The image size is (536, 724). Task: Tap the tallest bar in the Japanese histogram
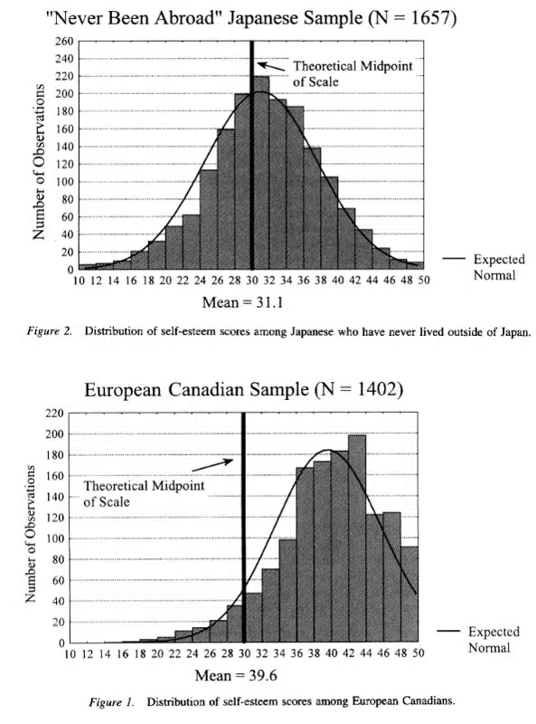point(260,172)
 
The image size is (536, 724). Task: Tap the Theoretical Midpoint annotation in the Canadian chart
point(143,493)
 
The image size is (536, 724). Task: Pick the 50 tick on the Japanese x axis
point(421,281)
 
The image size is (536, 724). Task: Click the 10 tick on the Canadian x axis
point(71,654)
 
